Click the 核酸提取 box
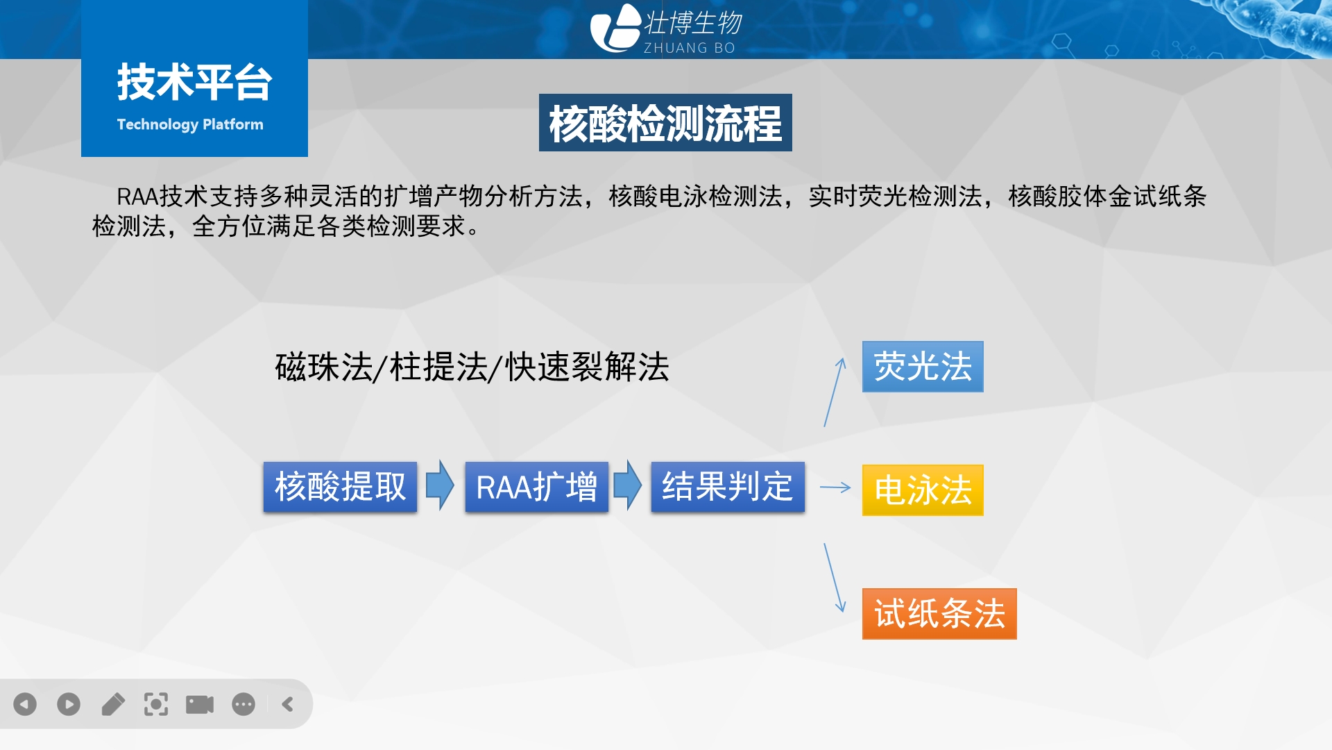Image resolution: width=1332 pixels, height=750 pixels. pyautogui.click(x=340, y=487)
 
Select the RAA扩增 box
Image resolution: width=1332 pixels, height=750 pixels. pyautogui.click(x=536, y=487)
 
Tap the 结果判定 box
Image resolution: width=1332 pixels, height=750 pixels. pyautogui.click(x=728, y=487)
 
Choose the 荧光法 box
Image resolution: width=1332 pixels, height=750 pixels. pyautogui.click(x=923, y=367)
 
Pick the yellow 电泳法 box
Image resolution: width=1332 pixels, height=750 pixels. pyautogui.click(x=923, y=490)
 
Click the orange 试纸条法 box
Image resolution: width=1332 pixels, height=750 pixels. pyautogui.click(x=939, y=614)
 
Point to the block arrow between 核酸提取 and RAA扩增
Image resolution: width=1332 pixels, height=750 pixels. pyautogui.click(x=440, y=485)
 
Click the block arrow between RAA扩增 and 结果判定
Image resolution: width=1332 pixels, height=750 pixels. pyautogui.click(x=628, y=485)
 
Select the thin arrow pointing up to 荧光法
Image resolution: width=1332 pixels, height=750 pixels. pyautogui.click(x=835, y=392)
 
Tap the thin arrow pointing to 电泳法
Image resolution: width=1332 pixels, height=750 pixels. pyautogui.click(x=835, y=487)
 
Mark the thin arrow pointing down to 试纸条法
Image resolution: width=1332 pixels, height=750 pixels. pyautogui.click(x=835, y=578)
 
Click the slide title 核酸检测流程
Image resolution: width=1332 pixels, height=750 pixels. pyautogui.click(x=665, y=123)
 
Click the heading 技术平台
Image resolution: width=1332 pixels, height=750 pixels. pyautogui.click(x=194, y=82)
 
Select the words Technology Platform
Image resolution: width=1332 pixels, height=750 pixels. pyautogui.click(x=190, y=124)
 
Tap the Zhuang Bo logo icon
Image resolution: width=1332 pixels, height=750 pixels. pyautogui.click(x=615, y=28)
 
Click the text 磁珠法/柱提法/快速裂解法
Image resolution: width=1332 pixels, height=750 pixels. pyautogui.click(x=472, y=367)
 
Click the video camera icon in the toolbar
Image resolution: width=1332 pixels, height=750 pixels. pyautogui.click(x=200, y=704)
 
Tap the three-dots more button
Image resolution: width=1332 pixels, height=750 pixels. pyautogui.click(x=244, y=704)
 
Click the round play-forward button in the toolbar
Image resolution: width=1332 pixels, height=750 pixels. pyautogui.click(x=69, y=704)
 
